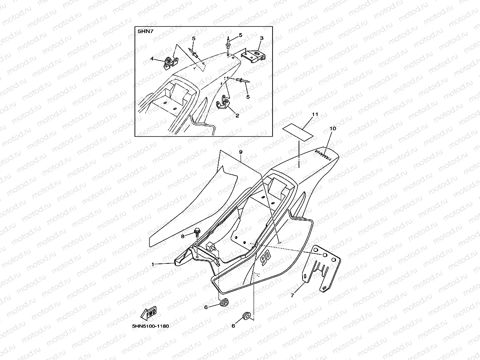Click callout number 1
(153, 265)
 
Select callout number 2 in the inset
(237, 116)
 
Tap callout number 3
(261, 38)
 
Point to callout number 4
(151, 59)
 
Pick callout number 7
(292, 295)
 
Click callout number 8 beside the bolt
(183, 237)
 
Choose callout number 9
(240, 152)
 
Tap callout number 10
(332, 129)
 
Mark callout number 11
(314, 114)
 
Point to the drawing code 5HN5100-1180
(150, 326)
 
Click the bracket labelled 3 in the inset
(253, 54)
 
